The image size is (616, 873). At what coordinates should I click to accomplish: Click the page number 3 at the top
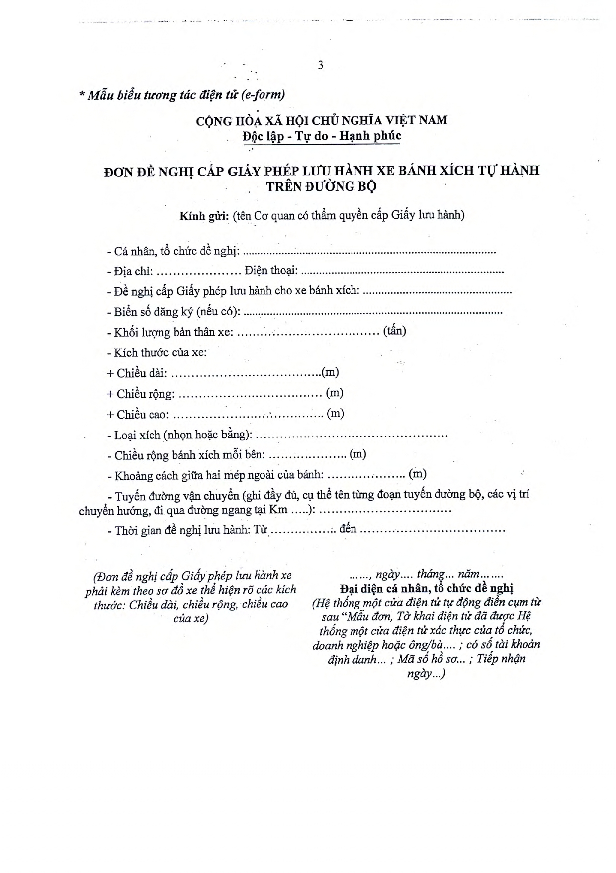[320, 65]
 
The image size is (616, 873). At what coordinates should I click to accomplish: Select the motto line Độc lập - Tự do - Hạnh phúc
[322, 136]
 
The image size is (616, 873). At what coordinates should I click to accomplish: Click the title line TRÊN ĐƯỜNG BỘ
[321, 186]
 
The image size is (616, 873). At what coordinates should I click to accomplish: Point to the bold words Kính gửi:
[204, 216]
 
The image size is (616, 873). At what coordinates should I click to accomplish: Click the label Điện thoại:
[271, 271]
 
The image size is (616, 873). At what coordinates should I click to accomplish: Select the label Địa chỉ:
[132, 271]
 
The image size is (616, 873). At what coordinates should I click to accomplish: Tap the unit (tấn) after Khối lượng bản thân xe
[394, 331]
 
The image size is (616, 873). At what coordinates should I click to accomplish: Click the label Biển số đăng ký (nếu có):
[174, 312]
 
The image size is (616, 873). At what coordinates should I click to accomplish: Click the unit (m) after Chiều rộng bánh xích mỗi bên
[358, 454]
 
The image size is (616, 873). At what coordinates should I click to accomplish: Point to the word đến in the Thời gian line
[348, 529]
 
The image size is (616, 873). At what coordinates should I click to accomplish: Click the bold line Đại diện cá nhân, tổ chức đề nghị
[427, 588]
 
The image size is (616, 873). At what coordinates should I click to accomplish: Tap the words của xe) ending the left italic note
[190, 618]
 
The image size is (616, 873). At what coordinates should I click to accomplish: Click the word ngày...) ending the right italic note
[426, 674]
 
